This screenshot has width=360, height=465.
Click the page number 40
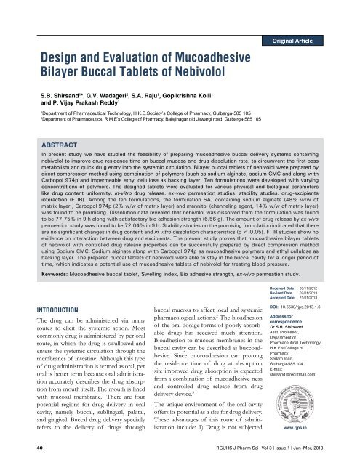click(x=27, y=459)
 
